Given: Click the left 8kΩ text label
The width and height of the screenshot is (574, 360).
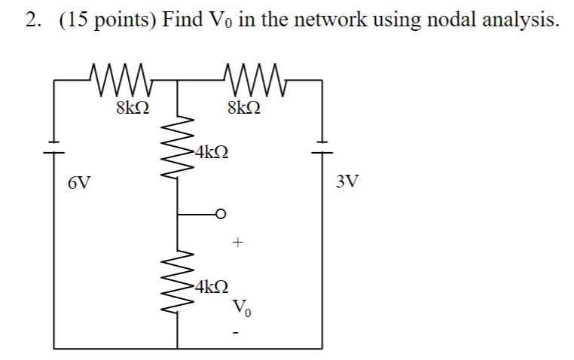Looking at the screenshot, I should [x=132, y=107].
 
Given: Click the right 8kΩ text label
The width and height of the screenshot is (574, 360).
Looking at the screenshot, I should [x=245, y=107].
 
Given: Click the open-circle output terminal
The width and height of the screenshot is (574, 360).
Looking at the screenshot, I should [x=221, y=214].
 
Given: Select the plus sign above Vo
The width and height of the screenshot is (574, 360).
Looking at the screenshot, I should [x=238, y=243].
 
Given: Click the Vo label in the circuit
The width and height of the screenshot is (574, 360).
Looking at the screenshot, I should [x=240, y=307].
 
